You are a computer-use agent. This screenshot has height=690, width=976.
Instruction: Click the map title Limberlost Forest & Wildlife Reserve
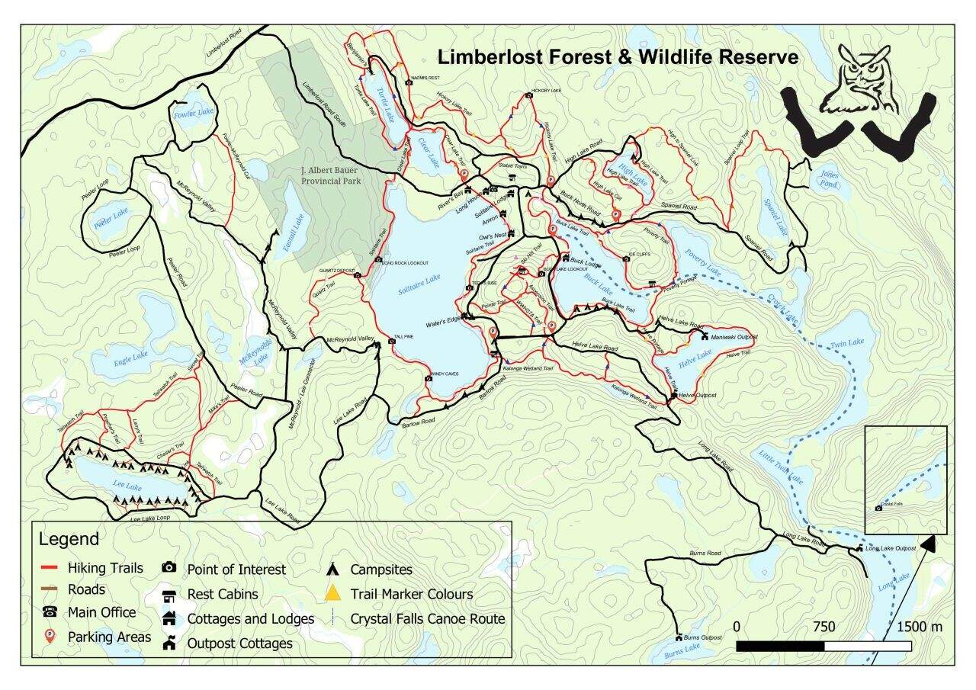tap(616, 57)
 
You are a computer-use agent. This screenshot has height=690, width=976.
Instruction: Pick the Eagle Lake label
tap(130, 356)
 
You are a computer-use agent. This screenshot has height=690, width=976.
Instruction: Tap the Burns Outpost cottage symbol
tap(678, 637)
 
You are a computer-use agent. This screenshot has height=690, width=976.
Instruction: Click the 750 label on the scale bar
tap(823, 627)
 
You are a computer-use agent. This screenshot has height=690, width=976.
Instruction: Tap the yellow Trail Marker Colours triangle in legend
tap(332, 593)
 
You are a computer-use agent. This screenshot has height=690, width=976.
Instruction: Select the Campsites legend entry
tap(381, 570)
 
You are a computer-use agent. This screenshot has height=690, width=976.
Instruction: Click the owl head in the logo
tap(864, 76)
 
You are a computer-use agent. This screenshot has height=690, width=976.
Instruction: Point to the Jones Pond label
tap(829, 178)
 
